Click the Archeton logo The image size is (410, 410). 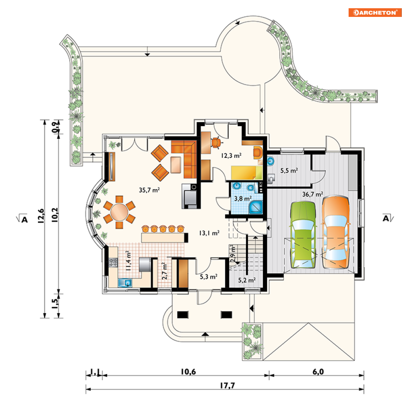coord(375,12)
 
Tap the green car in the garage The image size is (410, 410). coord(303,234)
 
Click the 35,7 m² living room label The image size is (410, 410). coord(149,190)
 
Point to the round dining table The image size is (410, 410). coord(119,212)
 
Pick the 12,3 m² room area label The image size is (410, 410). coord(231,156)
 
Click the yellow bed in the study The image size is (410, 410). coord(246,173)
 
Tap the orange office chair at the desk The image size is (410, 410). coord(216,143)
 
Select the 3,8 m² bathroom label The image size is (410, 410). coord(243,199)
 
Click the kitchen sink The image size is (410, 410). coord(125,283)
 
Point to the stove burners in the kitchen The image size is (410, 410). coord(113,262)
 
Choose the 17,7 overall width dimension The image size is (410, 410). coord(227,385)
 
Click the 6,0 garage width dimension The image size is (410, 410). coord(318,372)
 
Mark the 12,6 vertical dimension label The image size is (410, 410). coord(41,216)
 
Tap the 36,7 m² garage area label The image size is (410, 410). coord(312,194)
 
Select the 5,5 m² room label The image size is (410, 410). coord(289,171)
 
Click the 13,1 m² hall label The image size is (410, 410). coord(209,233)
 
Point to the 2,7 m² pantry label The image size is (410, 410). coord(164,271)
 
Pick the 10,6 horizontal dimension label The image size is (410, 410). coord(188,372)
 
